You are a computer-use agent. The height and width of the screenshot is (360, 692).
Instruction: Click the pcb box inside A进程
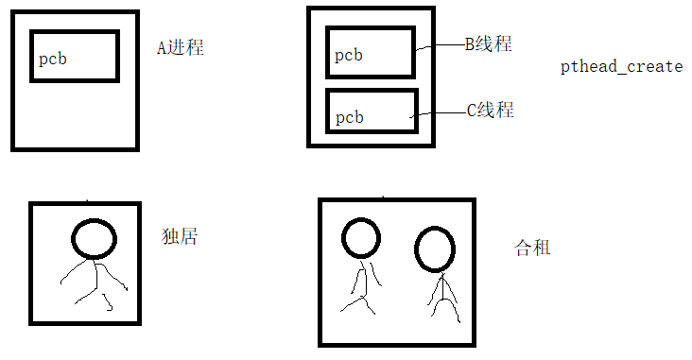(x=75, y=57)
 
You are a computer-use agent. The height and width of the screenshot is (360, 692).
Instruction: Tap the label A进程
(x=180, y=47)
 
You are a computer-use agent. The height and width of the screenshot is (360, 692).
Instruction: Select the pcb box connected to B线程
(x=370, y=52)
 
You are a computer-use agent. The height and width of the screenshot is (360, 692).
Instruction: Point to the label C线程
(x=490, y=110)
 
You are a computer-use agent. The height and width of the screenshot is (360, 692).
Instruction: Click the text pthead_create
(x=621, y=67)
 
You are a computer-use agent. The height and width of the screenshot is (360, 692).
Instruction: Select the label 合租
(x=532, y=249)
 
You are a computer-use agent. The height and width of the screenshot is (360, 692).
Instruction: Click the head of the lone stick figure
(x=95, y=239)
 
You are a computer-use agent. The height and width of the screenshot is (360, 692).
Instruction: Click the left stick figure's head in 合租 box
(x=361, y=238)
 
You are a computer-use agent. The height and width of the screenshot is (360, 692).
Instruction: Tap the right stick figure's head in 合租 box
(x=434, y=249)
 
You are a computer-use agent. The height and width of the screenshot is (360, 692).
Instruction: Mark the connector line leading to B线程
(x=437, y=46)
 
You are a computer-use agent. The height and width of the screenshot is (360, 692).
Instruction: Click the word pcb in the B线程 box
(x=348, y=56)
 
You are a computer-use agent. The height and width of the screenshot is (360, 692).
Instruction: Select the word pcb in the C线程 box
(x=349, y=117)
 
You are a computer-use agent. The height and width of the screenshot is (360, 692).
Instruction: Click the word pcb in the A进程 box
(x=53, y=60)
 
